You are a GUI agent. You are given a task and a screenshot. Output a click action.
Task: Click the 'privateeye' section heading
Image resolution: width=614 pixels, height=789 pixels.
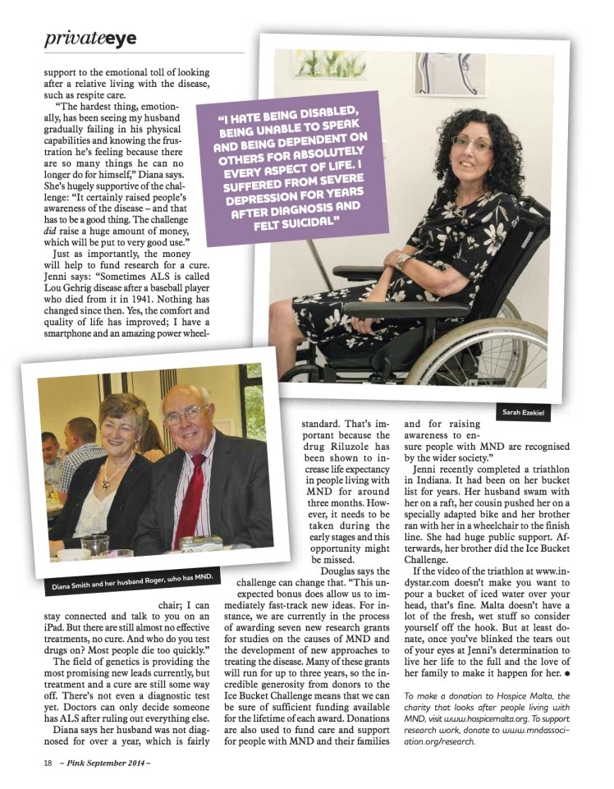click(x=90, y=38)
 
